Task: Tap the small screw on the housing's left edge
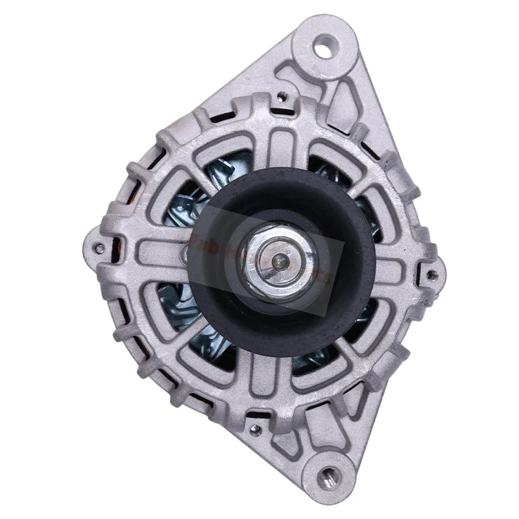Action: tap(99, 247)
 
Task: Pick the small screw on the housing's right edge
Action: tap(431, 276)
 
